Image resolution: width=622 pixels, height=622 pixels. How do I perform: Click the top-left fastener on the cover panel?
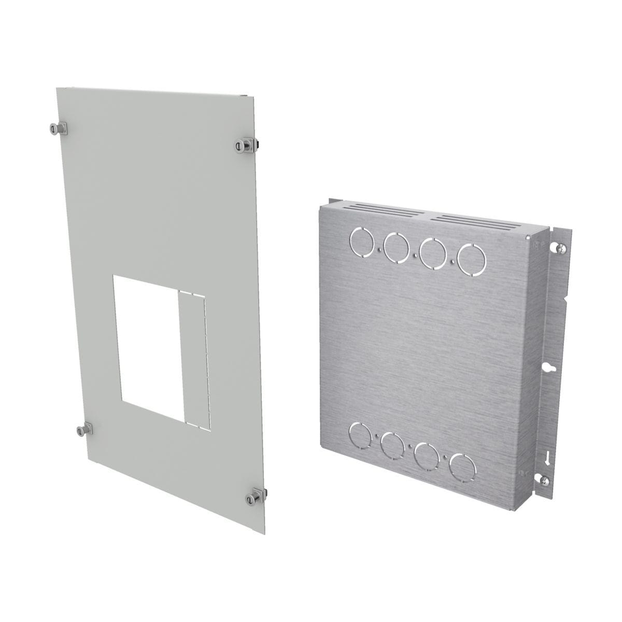[x=54, y=128]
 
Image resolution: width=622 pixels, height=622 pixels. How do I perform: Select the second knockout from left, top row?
[x=396, y=245]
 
